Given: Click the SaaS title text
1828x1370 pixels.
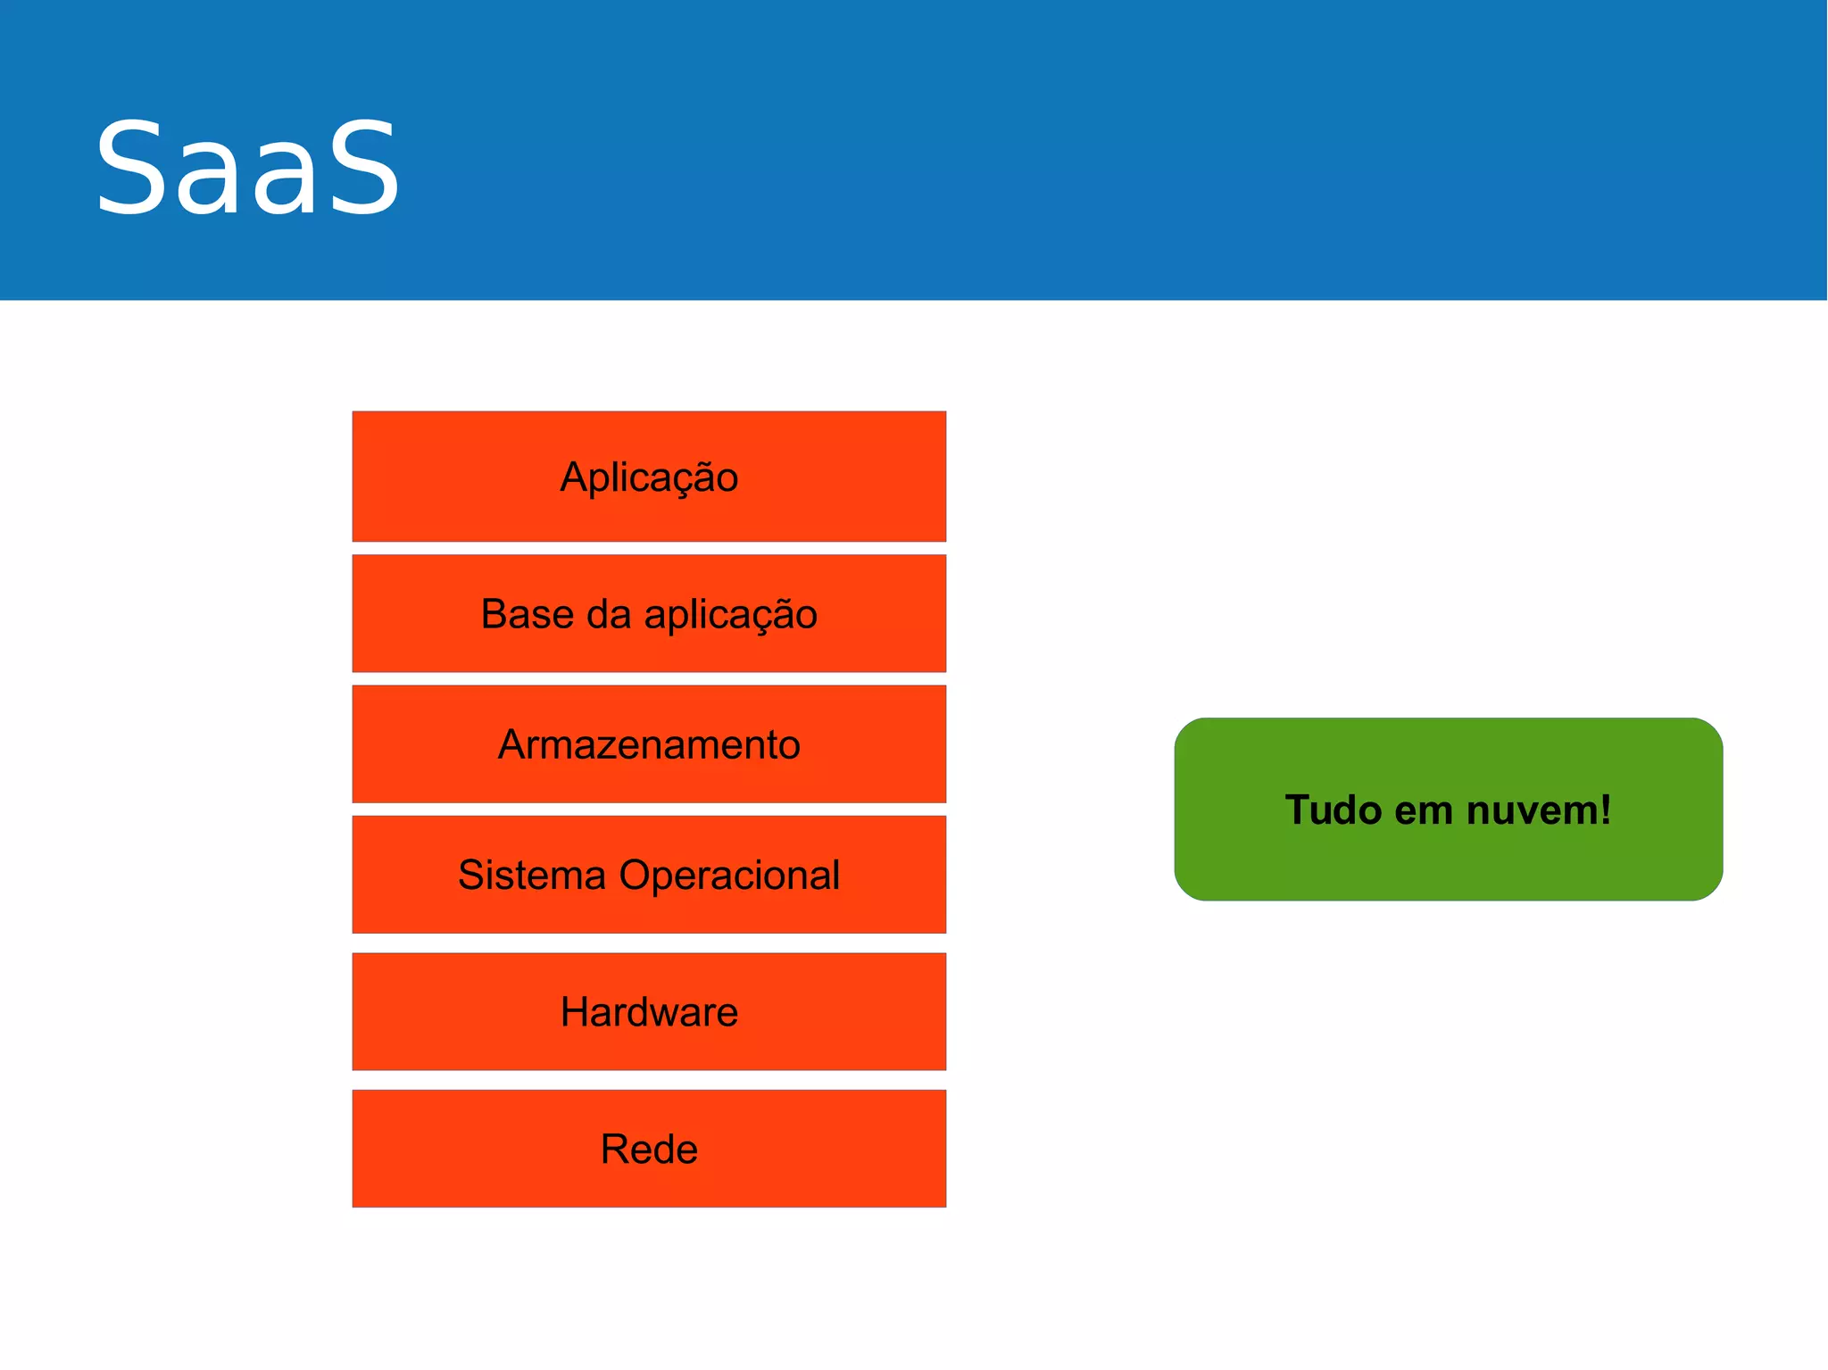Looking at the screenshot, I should (x=247, y=169).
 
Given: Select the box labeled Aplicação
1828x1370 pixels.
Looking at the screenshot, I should (x=649, y=476).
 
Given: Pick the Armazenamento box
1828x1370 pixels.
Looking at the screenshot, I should (x=649, y=744).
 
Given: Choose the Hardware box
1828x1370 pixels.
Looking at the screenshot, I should (x=649, y=1011).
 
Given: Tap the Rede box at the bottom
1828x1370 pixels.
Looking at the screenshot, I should (x=649, y=1149).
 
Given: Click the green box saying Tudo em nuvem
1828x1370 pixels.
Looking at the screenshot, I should (x=1448, y=809).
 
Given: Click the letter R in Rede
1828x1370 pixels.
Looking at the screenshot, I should (x=615, y=1149).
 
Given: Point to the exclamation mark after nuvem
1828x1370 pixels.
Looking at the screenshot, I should (x=1606, y=810).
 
